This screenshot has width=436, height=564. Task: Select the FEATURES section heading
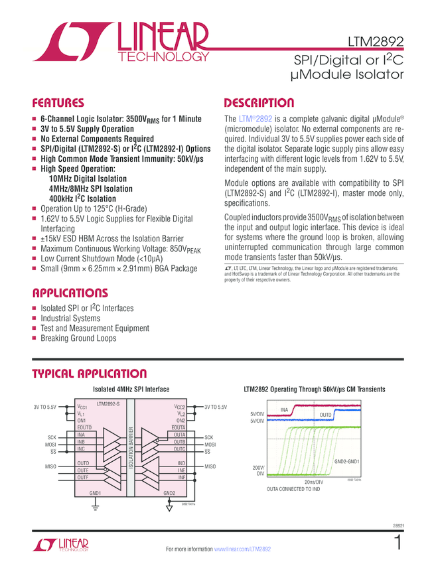pyautogui.click(x=58, y=104)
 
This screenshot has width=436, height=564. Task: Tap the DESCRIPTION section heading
pyautogui.click(x=259, y=104)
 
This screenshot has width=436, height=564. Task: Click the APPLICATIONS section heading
pyautogui.click(x=70, y=293)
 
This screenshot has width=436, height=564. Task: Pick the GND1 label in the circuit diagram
pyautogui.click(x=94, y=493)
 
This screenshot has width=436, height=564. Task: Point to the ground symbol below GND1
pyautogui.click(x=95, y=508)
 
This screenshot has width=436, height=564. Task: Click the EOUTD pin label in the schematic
pyautogui.click(x=85, y=427)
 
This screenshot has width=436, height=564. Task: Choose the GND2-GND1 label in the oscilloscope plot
pyautogui.click(x=346, y=460)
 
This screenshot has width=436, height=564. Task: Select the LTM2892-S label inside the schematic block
pyautogui.click(x=108, y=403)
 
